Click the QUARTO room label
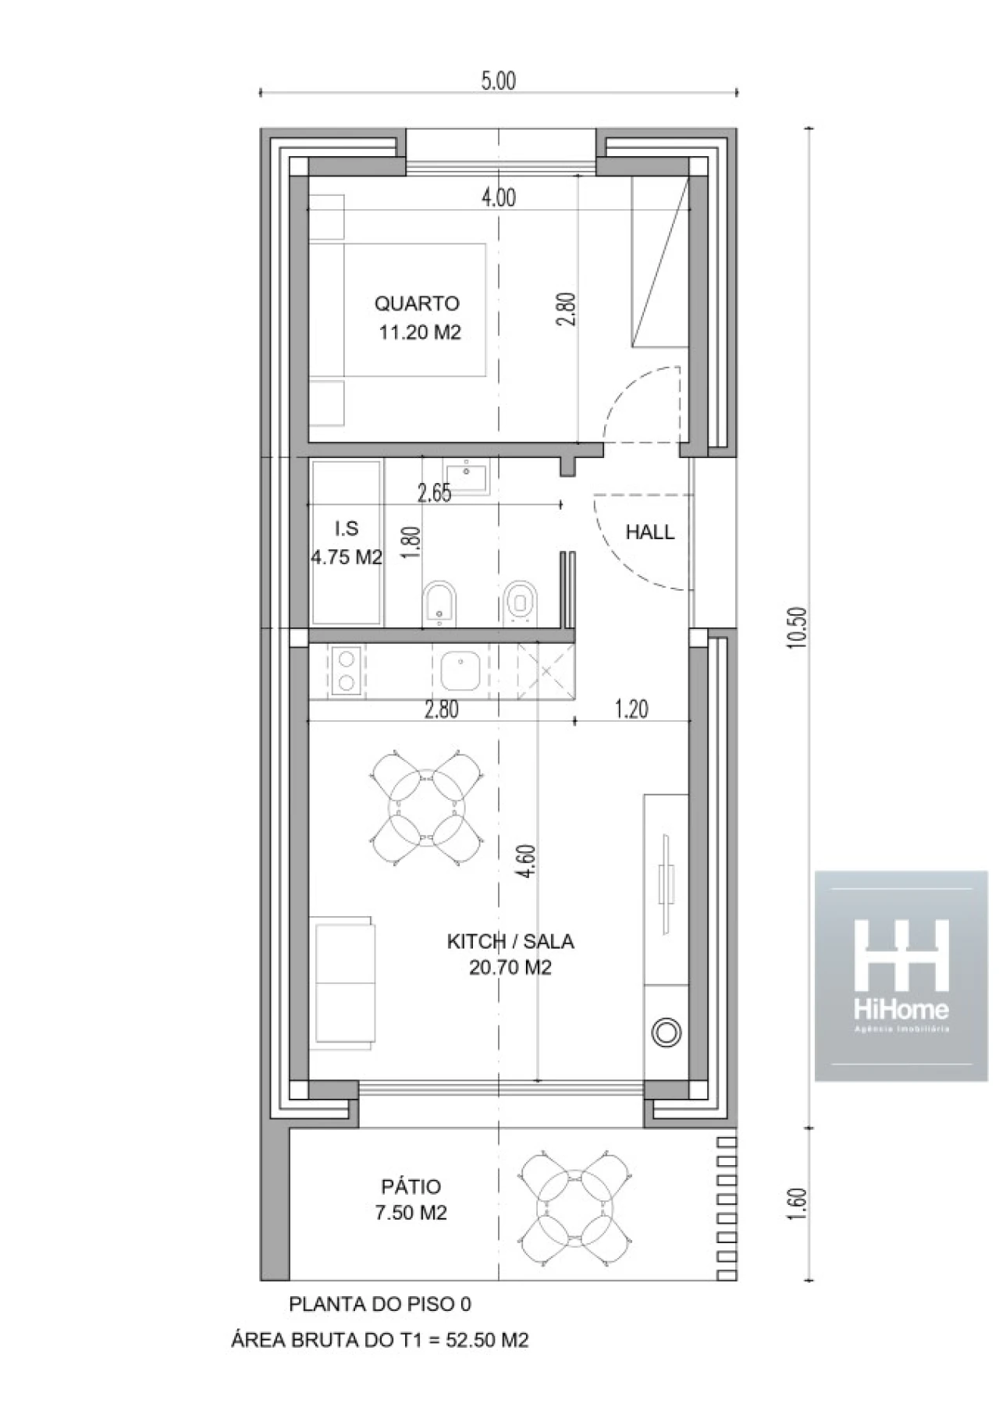point(417,304)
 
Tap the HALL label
point(650,532)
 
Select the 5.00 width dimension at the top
point(498,81)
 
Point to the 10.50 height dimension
point(795,628)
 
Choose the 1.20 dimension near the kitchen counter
point(631,709)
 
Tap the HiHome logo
point(901,976)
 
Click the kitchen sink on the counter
point(460,672)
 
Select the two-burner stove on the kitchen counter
point(345,671)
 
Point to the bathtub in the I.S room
point(347,543)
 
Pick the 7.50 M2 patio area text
point(412,1213)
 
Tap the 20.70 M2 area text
point(510,968)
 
